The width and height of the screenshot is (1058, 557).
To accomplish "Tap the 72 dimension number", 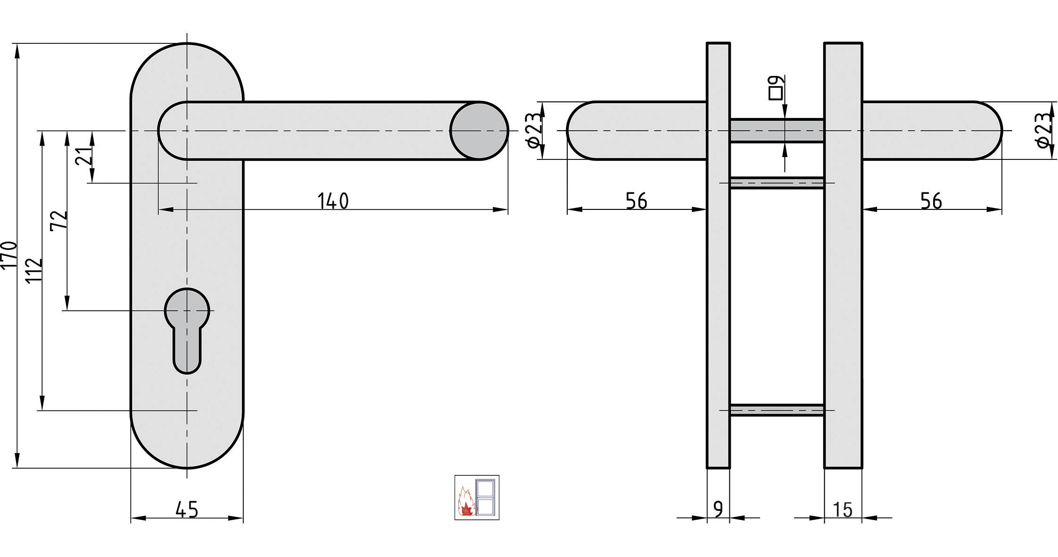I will pos(59,220).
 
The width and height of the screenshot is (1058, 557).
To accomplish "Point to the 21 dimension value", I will pos(84,155).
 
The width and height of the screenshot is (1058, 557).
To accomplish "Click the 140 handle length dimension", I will pos(333,201).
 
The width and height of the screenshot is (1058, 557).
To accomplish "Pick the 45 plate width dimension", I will pos(187,510).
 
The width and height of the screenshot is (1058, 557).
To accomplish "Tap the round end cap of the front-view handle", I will pos(479,131).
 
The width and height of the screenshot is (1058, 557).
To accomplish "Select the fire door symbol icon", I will pos(477,498).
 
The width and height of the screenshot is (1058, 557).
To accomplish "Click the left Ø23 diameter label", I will pos(533,131).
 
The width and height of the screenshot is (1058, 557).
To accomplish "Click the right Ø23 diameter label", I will pos(1045,131).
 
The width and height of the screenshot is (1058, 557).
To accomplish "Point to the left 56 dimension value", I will pos(636,201).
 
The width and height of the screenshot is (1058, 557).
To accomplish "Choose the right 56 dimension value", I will pos(931,201).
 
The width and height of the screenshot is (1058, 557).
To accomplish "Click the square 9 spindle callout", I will pos(776,88).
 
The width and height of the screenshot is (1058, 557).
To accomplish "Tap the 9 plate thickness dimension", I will pos(718,510).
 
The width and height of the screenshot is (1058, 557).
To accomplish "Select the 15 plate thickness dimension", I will pos(843,510).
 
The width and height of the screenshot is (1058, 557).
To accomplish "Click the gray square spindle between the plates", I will pos(777,131).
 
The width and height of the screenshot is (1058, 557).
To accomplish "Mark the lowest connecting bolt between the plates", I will pos(777,410).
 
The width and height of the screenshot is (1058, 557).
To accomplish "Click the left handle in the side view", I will pos(636,131).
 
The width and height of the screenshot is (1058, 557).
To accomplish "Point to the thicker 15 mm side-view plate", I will pos(843,283).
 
